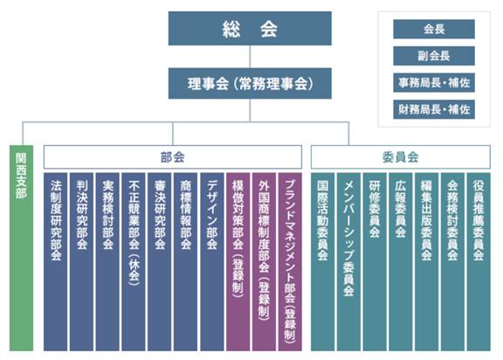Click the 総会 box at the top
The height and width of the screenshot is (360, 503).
pyautogui.click(x=250, y=28)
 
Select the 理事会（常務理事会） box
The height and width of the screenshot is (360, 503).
pyautogui.click(x=250, y=83)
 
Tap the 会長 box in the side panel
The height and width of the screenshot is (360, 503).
pyautogui.click(x=434, y=29)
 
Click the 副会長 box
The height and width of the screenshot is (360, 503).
pyautogui.click(x=434, y=56)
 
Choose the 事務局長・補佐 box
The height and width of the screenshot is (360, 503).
pyautogui.click(x=434, y=83)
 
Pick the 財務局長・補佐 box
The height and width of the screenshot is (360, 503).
pyautogui.click(x=434, y=110)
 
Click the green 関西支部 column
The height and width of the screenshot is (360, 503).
pyautogui.click(x=22, y=248)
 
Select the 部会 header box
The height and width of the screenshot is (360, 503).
pyautogui.click(x=173, y=157)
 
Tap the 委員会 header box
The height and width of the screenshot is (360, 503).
pyautogui.click(x=401, y=157)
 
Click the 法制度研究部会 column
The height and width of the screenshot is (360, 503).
pyautogui.click(x=56, y=262)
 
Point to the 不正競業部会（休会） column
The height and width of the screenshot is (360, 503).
pyautogui.click(x=134, y=262)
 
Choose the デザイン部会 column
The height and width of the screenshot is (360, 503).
pyautogui.click(x=212, y=262)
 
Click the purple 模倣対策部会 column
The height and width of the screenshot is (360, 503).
pyautogui.click(x=238, y=262)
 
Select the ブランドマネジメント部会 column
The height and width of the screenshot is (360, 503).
pyautogui.click(x=290, y=262)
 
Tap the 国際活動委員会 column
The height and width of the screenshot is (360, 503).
pyautogui.click(x=323, y=262)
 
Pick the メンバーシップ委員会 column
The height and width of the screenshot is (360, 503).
pyautogui.click(x=348, y=262)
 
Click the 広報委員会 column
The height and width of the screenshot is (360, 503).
pyautogui.click(x=401, y=262)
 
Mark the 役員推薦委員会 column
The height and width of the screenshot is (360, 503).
pyautogui.click(x=479, y=262)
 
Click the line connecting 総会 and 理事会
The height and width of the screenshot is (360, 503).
pyautogui.click(x=250, y=57)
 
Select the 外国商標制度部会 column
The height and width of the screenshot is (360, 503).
pyautogui.click(x=264, y=262)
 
